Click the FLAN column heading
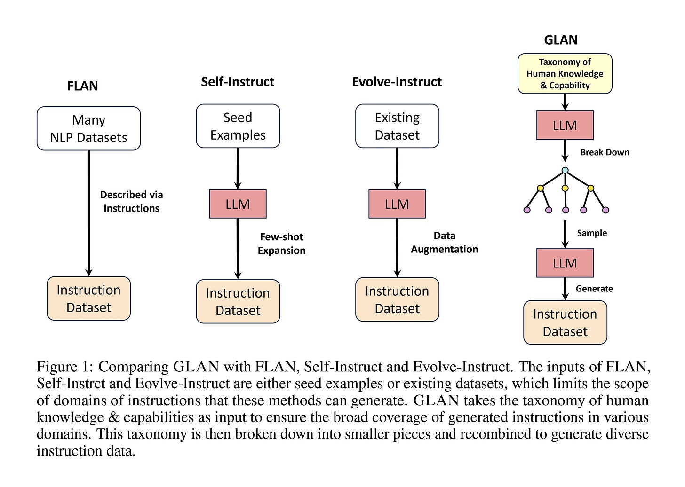(x=83, y=86)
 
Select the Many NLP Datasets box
(x=88, y=128)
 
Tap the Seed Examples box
(x=238, y=126)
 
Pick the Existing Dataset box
(x=397, y=126)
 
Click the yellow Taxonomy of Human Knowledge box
(x=565, y=74)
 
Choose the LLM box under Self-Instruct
(x=238, y=204)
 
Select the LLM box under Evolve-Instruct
(x=397, y=204)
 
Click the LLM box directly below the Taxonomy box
(x=565, y=125)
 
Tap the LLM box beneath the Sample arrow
(x=565, y=263)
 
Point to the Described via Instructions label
(x=132, y=201)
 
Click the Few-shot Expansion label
(x=282, y=243)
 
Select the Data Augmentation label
(x=444, y=242)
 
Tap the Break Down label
(x=605, y=152)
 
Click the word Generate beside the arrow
(x=594, y=289)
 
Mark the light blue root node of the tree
(x=565, y=170)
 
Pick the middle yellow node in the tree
(x=565, y=188)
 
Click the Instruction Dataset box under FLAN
(x=88, y=298)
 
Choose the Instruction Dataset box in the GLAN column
(x=565, y=322)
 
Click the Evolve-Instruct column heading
(x=397, y=82)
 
